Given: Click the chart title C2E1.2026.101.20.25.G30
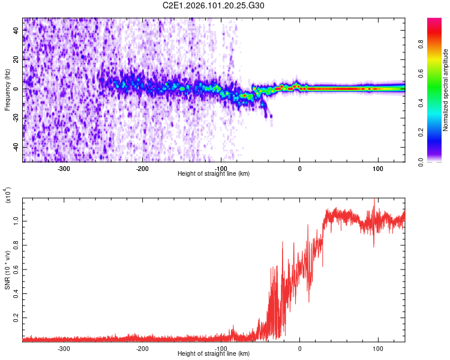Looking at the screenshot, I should (x=214, y=5).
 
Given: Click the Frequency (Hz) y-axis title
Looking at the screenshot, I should (x=7, y=89).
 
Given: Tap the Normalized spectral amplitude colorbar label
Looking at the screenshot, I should (x=446, y=89).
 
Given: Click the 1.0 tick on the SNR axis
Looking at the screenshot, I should (x=17, y=221).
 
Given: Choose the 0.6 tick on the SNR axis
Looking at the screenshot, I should (x=17, y=268).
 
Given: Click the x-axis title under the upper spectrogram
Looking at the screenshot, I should (x=214, y=174).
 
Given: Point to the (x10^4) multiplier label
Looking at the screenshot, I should (x=8, y=196).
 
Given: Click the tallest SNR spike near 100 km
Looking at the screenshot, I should (x=375, y=200).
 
